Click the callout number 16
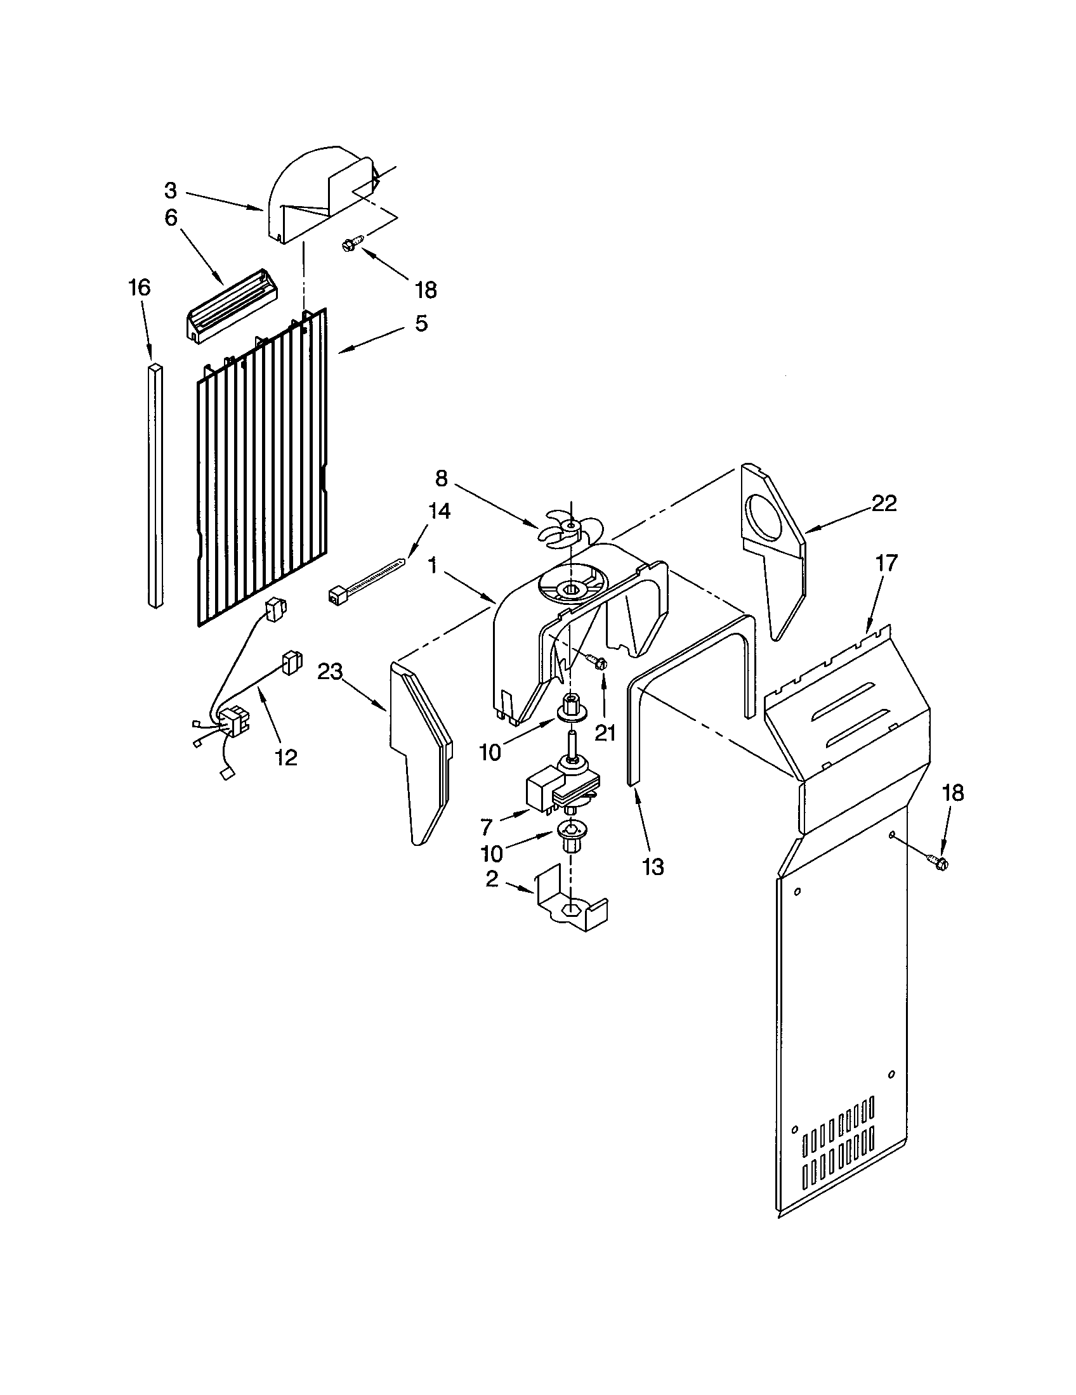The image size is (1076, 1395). point(140,288)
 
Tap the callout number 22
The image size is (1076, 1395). point(884,503)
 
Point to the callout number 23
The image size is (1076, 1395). point(331,672)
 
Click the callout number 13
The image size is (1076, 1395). point(653,867)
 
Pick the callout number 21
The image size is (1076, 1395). point(605,733)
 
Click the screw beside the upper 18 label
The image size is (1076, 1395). point(351,243)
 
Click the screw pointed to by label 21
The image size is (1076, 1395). point(598,663)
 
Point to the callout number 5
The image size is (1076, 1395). point(421,323)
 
